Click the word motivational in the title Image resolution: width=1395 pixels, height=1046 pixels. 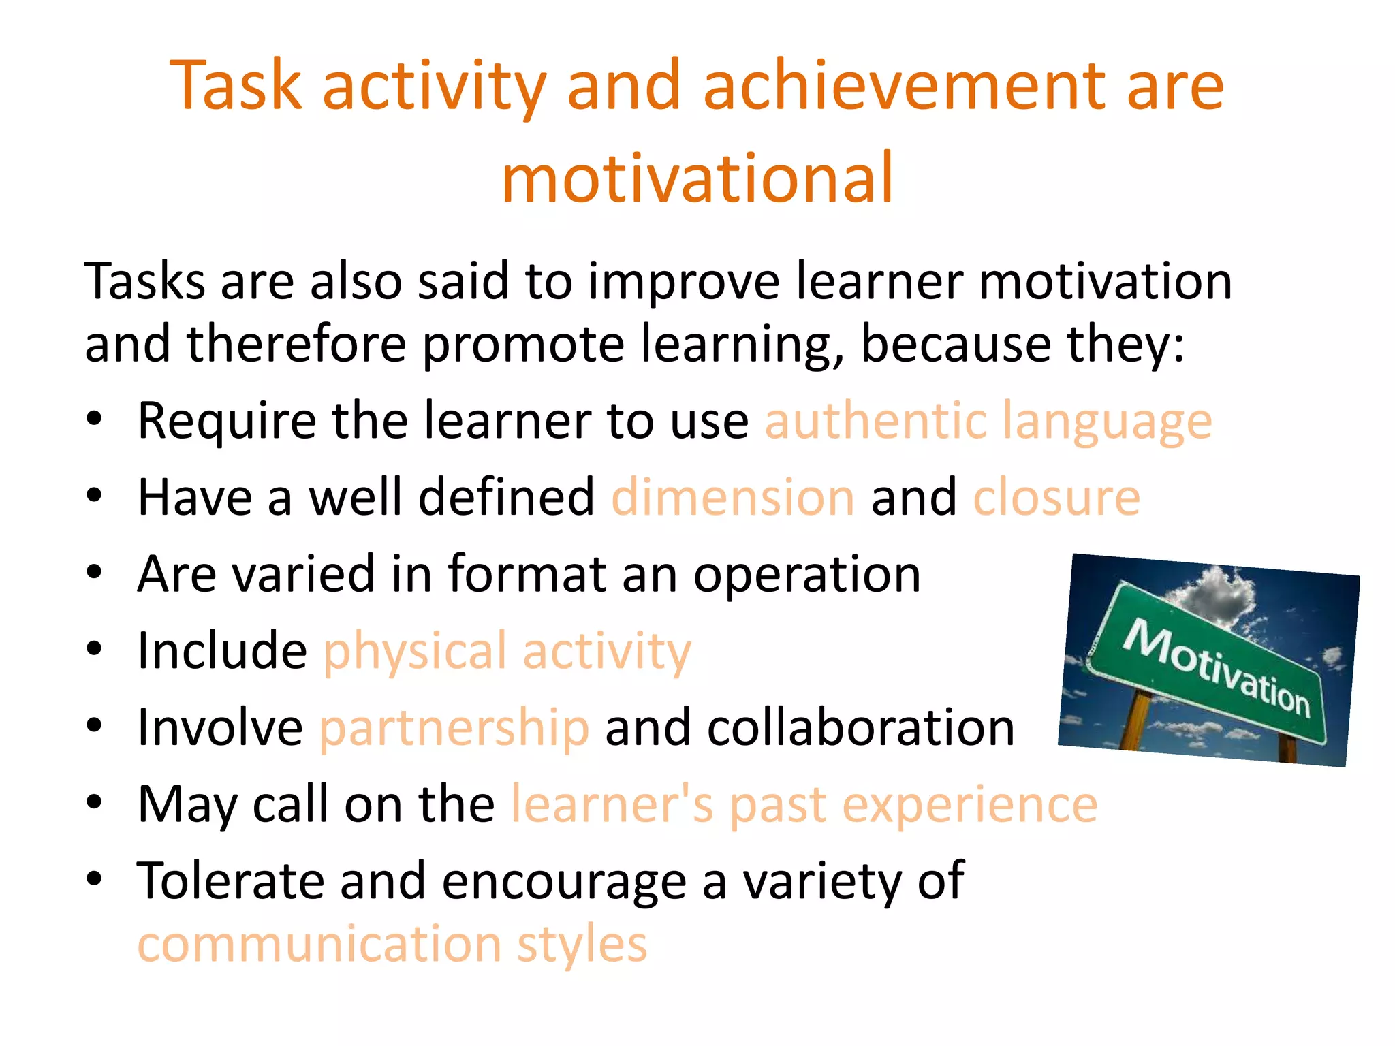(x=697, y=178)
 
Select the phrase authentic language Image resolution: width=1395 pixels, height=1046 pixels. (x=988, y=422)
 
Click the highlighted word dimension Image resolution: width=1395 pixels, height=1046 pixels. (x=733, y=497)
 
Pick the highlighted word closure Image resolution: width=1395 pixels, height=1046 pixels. (x=1056, y=497)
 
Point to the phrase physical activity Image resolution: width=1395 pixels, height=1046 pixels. (x=507, y=652)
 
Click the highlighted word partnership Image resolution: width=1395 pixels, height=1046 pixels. (x=454, y=728)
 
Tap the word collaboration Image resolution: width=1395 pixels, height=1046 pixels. (x=860, y=728)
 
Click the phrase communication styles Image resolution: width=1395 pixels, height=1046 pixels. (x=392, y=945)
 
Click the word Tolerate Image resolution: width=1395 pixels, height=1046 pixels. (x=230, y=881)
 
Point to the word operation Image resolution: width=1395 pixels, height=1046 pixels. (x=807, y=574)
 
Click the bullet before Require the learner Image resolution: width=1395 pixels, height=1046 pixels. (x=94, y=418)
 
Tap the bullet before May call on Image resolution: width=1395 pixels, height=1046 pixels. (x=94, y=802)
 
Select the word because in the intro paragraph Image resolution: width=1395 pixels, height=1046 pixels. (x=955, y=344)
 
